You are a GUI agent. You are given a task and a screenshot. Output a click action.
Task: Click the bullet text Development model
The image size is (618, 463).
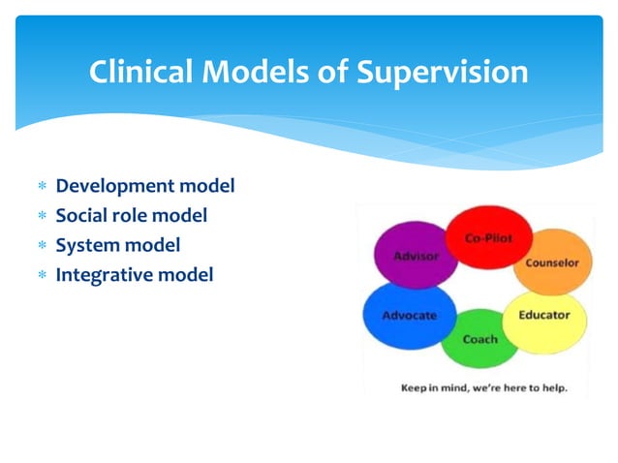[145, 185]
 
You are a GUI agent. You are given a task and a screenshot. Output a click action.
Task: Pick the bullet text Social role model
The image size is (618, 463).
[131, 215]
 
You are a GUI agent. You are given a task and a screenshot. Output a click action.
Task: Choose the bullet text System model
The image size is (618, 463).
[117, 245]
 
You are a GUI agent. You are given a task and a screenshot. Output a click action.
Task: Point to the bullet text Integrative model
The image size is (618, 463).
[134, 275]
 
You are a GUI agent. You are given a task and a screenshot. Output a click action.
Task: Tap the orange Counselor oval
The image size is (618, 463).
[550, 262]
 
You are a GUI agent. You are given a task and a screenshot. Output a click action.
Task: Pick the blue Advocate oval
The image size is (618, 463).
[408, 316]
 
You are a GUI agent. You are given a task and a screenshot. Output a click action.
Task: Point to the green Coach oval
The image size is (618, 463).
[479, 338]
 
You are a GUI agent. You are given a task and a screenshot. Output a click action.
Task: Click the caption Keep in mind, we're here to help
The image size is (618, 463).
[483, 387]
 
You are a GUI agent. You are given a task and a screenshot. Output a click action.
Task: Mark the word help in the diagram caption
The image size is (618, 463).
[551, 387]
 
